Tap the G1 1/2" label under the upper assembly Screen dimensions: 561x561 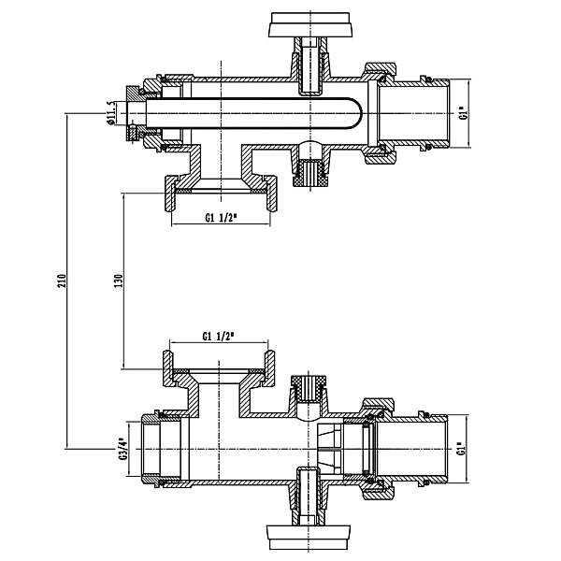pos(221,220)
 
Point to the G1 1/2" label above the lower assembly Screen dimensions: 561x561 pos(217,337)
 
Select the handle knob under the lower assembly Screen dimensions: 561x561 pos(309,537)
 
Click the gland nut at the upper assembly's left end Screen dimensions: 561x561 pos(139,112)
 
